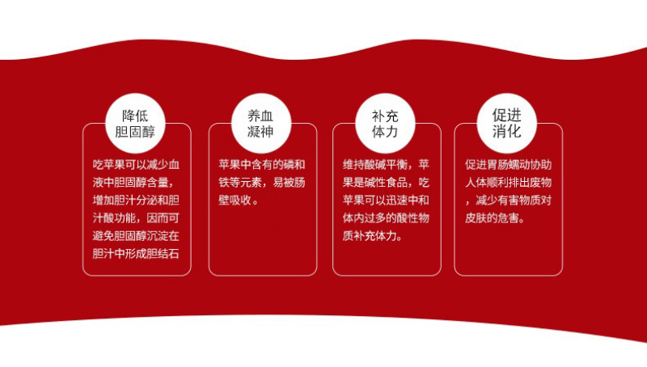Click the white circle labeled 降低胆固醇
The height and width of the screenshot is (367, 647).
coord(135,124)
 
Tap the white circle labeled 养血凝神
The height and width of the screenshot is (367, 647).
coord(261,124)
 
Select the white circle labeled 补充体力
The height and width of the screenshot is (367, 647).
coord(385,124)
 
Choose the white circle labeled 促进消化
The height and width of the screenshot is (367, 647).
coord(507,124)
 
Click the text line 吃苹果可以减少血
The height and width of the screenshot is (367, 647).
coord(136,165)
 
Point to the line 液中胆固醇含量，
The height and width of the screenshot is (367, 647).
coord(133,183)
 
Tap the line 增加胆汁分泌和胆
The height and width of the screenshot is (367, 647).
coord(136,200)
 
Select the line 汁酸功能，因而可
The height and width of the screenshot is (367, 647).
coord(136,218)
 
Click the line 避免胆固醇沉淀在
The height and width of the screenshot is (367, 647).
coord(136,236)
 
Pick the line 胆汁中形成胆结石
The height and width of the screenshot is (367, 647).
coord(136,254)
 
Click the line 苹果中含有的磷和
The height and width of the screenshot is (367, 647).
coord(262,165)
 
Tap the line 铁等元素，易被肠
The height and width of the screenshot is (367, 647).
coord(262,183)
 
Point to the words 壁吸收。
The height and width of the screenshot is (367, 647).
coord(239,200)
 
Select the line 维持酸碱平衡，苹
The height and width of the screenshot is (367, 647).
coord(386,165)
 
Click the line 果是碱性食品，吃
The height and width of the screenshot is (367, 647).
coord(386,183)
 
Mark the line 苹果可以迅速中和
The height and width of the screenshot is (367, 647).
coord(386,200)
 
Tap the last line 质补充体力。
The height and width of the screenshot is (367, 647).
coord(372,236)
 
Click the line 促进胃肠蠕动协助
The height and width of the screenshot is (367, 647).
coord(509,165)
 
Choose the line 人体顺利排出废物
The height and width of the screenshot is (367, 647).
coord(509,183)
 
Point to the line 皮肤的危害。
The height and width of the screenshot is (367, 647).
coord(495,218)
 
